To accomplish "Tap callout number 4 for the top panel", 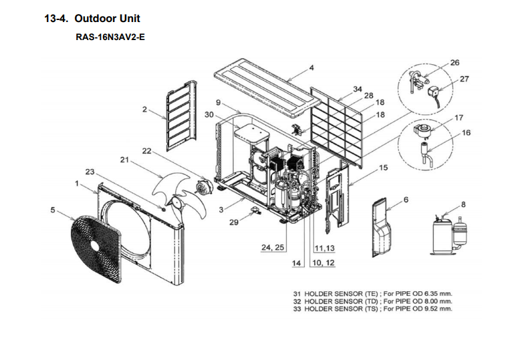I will pos(311,67).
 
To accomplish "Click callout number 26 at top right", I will pos(455,63).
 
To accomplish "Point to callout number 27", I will pos(465,79).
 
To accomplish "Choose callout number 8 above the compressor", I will pos(463,204).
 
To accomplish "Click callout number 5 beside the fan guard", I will pos(53,210).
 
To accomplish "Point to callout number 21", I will pos(124,160).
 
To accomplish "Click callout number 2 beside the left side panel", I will pos(144,109).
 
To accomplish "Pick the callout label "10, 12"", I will pos(323,263).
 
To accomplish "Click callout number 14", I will pos(297,263).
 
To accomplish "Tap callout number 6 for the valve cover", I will pos(406,200).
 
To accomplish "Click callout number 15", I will pos(382,168).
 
